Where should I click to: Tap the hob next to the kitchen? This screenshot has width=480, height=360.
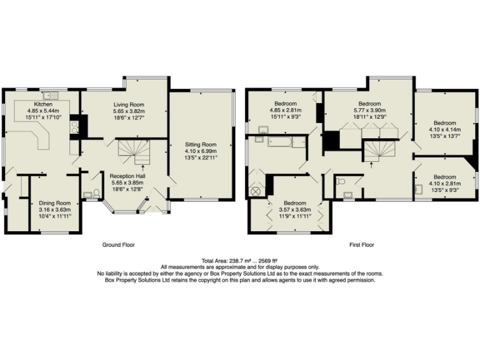(x=74, y=127)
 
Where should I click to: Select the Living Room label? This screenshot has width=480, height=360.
(x=129, y=104)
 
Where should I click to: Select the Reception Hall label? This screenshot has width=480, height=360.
(x=128, y=176)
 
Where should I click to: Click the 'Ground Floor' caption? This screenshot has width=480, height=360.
(x=118, y=245)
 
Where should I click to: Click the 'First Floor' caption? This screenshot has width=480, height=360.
(x=361, y=245)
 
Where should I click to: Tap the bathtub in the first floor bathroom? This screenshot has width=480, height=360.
(x=280, y=142)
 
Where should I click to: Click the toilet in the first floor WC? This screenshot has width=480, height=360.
(x=339, y=181)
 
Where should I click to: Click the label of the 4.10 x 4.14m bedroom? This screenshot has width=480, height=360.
(x=445, y=123)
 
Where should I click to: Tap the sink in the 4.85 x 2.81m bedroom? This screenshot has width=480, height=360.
(x=262, y=130)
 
